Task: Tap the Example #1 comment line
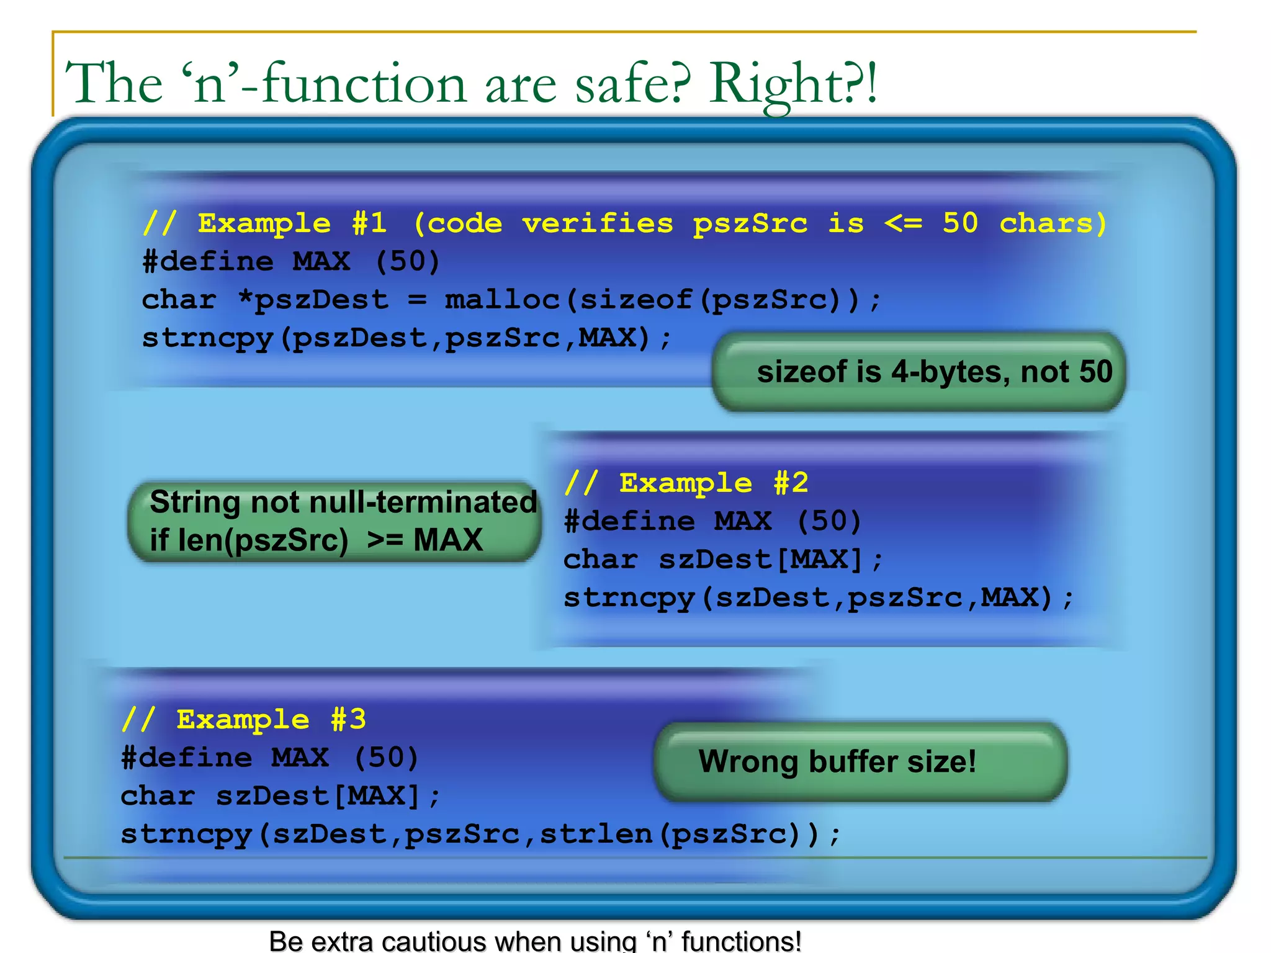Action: (x=624, y=223)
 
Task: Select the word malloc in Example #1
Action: (x=502, y=300)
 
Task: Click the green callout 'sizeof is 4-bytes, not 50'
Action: (x=919, y=372)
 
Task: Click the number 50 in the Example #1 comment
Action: (x=959, y=223)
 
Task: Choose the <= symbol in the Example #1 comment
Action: (x=903, y=223)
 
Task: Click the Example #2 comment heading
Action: (x=686, y=483)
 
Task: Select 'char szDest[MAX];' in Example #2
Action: (x=723, y=560)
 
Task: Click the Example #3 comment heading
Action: (x=243, y=720)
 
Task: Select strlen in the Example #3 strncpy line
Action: (x=596, y=834)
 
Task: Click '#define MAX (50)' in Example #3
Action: (x=269, y=758)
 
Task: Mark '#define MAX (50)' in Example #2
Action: (x=712, y=522)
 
